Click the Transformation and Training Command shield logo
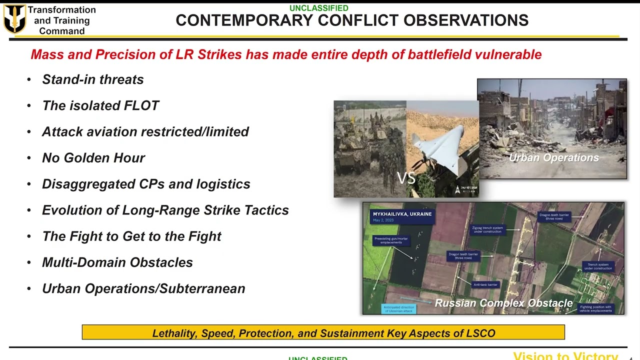click(x=14, y=19)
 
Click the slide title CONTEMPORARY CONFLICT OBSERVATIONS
click(x=352, y=20)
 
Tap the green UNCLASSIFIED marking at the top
click(x=319, y=8)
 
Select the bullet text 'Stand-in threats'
click(x=92, y=79)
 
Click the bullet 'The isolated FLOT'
click(x=100, y=105)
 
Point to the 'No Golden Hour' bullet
click(x=93, y=158)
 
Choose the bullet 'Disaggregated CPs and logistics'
click(x=146, y=184)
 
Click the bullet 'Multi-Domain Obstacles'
click(x=117, y=262)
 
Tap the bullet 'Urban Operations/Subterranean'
click(x=143, y=288)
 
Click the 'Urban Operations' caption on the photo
click(x=553, y=158)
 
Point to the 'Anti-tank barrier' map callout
click(x=485, y=284)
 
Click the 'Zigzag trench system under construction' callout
click(x=487, y=229)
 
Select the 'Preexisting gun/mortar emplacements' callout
click(x=391, y=240)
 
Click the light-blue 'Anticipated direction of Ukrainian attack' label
click(x=398, y=309)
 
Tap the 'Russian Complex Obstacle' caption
click(x=503, y=303)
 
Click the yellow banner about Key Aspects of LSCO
click(x=323, y=333)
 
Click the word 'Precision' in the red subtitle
click(x=126, y=54)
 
